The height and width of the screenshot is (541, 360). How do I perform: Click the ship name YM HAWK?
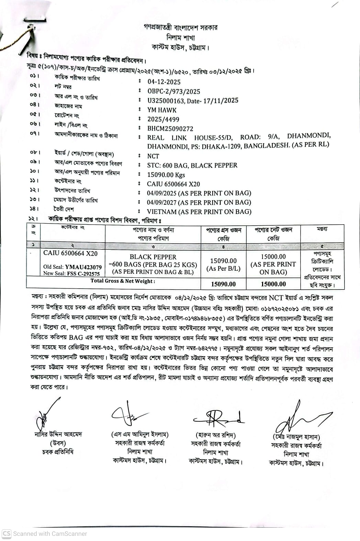[x=162, y=110]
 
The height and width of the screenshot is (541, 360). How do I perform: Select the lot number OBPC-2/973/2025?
[x=173, y=91]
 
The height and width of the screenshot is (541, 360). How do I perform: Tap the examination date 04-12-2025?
[x=164, y=82]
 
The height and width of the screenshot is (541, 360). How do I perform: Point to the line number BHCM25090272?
[x=170, y=129]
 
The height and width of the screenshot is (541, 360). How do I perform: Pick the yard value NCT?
[x=153, y=156]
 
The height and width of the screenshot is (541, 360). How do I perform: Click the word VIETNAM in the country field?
[x=162, y=212]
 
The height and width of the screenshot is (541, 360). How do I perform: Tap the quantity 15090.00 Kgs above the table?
[x=166, y=175]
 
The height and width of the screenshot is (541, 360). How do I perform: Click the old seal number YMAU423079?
[x=83, y=267]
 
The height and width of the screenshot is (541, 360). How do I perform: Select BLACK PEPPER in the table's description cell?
[x=153, y=257]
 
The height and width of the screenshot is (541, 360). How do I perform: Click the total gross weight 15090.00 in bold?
[x=223, y=284]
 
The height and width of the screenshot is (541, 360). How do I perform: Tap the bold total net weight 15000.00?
[x=273, y=284]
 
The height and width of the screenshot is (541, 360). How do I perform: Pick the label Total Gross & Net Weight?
[x=123, y=281]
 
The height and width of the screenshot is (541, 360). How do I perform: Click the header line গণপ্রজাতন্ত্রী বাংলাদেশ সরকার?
[x=180, y=27]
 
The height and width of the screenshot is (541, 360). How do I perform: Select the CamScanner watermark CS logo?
[x=7, y=533]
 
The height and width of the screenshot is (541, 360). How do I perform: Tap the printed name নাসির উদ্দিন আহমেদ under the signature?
[x=58, y=434]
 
